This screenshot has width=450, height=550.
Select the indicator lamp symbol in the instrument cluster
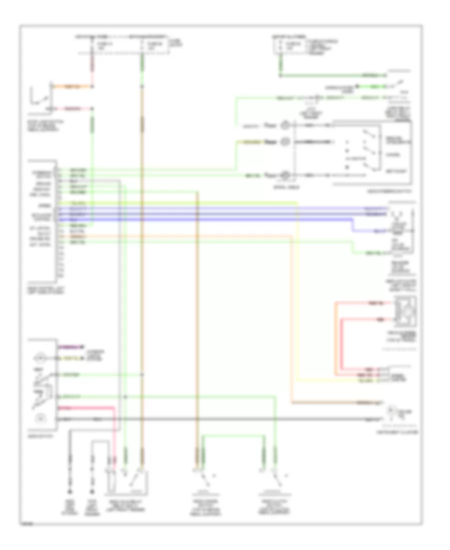400,413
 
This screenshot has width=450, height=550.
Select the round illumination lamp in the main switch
39,358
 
